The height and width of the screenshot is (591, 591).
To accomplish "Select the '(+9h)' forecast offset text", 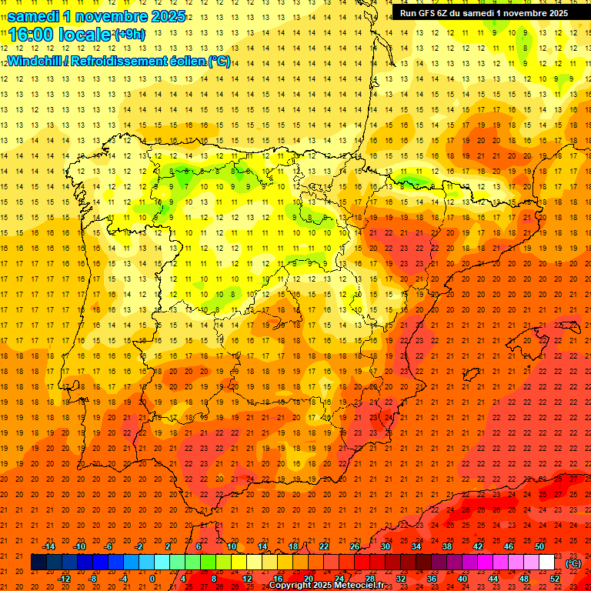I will (129, 34).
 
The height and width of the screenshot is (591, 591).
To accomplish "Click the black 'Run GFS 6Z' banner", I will (484, 12).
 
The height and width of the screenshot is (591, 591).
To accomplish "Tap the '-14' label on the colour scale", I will (48, 546).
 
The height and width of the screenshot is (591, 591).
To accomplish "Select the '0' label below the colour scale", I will (152, 579).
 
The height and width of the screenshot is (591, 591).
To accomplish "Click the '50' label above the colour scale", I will (539, 546).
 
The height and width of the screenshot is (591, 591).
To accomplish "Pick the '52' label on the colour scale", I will (555, 579).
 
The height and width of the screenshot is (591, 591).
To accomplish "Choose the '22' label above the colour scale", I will (324, 546).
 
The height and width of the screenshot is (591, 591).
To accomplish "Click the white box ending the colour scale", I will (546, 563).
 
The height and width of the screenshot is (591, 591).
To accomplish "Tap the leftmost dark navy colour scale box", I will (38, 563).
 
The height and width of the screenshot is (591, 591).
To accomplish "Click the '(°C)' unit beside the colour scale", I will (573, 563).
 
